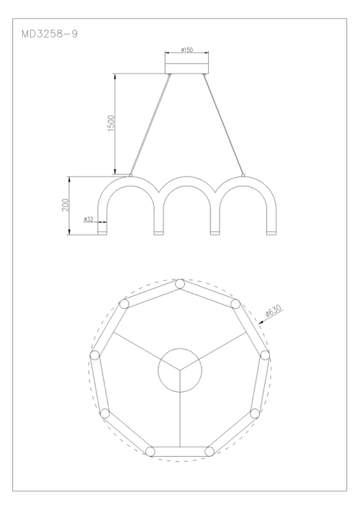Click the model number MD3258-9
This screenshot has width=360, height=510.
(50, 34)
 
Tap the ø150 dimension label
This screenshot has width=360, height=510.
(186, 50)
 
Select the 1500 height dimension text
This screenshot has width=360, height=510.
(111, 123)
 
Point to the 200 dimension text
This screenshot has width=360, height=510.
(66, 205)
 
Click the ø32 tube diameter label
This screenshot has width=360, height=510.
(88, 219)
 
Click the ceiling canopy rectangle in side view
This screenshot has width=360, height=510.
(186, 68)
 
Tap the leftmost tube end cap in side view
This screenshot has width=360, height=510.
(102, 232)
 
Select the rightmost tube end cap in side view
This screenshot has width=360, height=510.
(271, 232)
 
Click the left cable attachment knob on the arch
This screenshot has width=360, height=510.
(130, 176)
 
